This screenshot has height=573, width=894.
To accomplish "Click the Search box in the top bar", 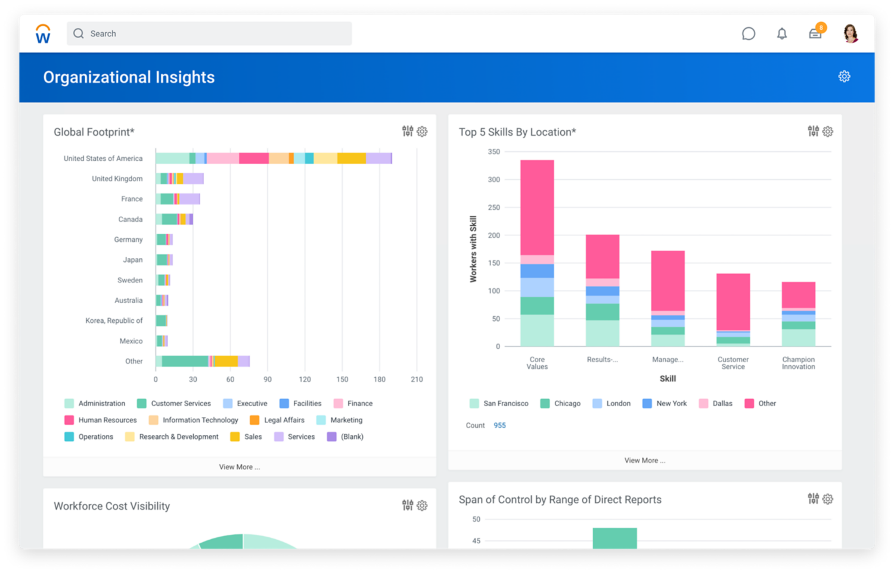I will point(209,34).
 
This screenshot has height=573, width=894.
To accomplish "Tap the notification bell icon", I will point(782,34).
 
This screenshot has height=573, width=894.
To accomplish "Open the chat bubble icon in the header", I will point(749,34).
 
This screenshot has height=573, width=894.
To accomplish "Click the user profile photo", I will point(850,33).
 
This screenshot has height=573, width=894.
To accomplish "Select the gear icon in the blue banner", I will point(844,76).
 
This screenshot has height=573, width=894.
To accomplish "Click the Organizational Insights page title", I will point(129,77).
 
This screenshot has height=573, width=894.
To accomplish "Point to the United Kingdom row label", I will point(117,179).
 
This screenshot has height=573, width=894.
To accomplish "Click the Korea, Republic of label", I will point(114,320).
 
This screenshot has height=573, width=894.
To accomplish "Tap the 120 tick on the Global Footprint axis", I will point(305,379).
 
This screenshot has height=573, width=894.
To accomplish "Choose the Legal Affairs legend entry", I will point(284,420).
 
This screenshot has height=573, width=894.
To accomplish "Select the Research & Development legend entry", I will point(178,437).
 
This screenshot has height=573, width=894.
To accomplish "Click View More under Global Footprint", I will point(239,467).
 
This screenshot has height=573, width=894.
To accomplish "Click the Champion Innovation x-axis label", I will point(798,363).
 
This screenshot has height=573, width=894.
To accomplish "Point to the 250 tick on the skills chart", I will point(493,207).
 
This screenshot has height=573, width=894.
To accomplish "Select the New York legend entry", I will point(671,403).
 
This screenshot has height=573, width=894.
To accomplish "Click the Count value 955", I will point(499,425).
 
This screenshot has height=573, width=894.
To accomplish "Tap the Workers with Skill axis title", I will point(473,249).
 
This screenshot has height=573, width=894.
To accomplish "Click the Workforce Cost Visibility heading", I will point(111,506).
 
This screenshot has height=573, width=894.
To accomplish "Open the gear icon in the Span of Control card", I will point(828,499).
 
